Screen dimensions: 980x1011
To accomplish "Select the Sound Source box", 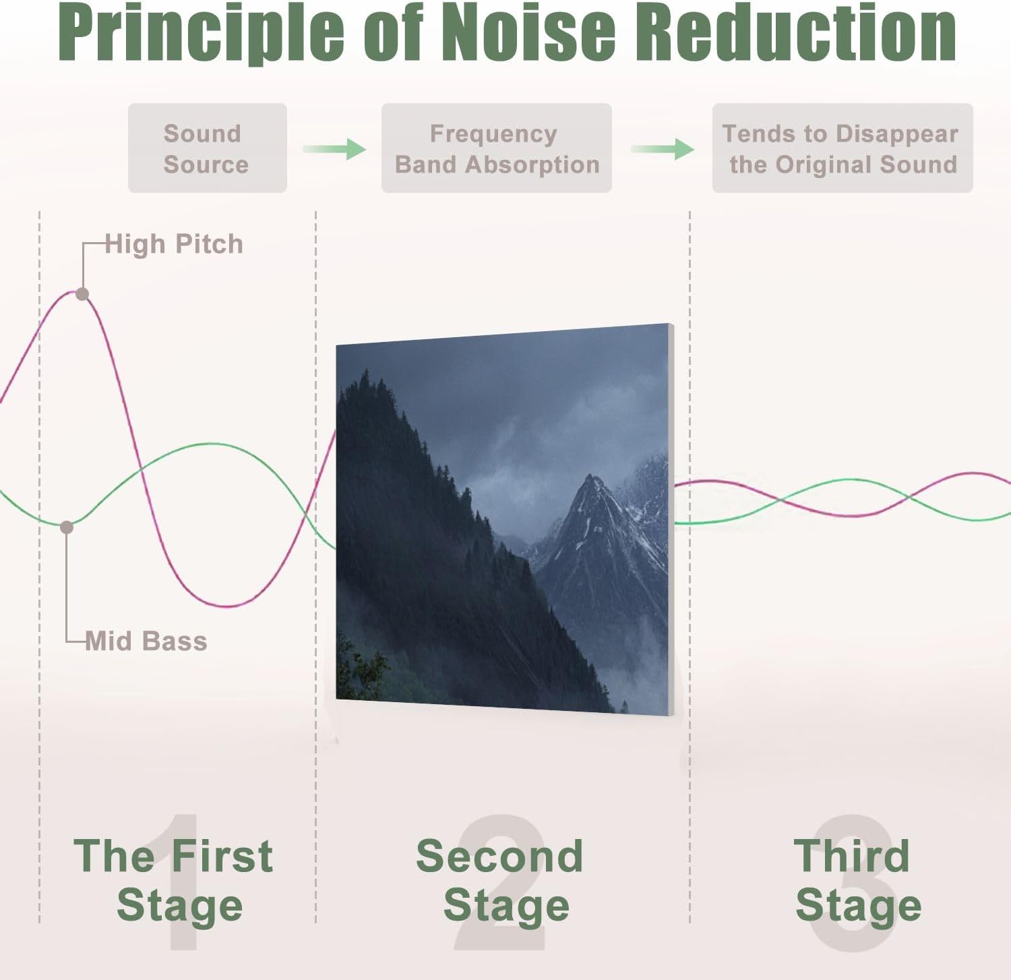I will (x=207, y=148).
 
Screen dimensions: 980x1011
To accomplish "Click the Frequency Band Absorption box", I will (x=496, y=148).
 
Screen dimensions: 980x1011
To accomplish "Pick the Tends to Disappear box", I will (x=842, y=148).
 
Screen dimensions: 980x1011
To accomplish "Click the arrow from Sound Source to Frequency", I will (x=334, y=148).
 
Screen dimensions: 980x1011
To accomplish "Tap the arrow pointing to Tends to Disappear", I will (x=663, y=148).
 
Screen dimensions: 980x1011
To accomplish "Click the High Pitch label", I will (x=174, y=244).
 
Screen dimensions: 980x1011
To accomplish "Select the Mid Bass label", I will (x=146, y=641).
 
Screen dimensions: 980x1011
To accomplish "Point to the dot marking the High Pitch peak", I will (x=82, y=294).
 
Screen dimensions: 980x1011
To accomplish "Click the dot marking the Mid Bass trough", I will (x=67, y=527).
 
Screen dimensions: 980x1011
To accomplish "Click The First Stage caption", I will (x=174, y=880).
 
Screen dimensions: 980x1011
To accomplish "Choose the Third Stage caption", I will (x=856, y=880).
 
